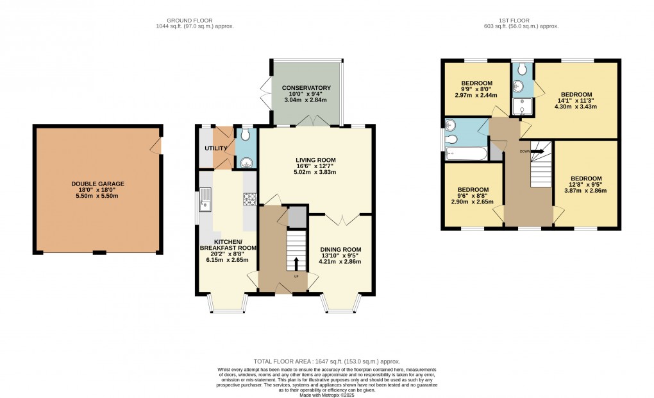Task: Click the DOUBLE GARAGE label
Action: (97, 184)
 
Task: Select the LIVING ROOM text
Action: (315, 160)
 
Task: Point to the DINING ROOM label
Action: (340, 249)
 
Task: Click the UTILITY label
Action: (215, 148)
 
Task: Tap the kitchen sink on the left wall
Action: (206, 199)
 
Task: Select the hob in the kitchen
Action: (249, 200)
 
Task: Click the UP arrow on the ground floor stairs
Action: (296, 263)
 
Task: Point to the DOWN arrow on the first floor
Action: (537, 151)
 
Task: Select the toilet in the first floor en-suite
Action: (523, 68)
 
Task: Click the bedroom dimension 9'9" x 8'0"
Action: (476, 89)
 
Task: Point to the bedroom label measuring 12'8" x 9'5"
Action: (586, 178)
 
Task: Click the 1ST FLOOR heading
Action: (521, 20)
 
